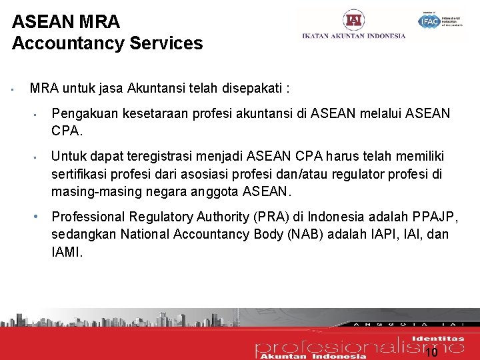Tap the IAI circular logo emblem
(x=353, y=20)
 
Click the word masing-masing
(x=97, y=191)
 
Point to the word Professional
(x=88, y=217)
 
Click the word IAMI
(x=67, y=251)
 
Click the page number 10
(x=431, y=352)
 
